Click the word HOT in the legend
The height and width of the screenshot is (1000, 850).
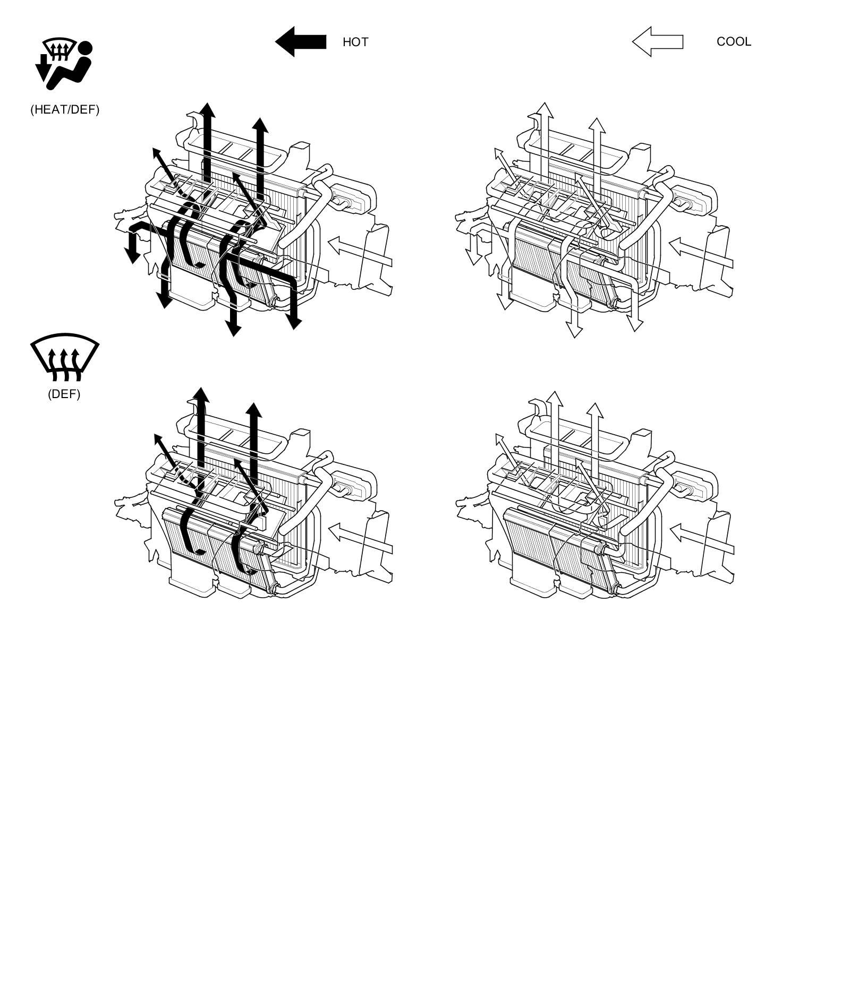pos(355,42)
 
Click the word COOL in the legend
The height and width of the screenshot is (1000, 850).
pos(734,42)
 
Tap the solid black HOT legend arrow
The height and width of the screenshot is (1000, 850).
pos(301,42)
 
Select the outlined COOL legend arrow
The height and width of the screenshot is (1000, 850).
pos(658,42)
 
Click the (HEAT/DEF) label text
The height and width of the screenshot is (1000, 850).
pos(65,110)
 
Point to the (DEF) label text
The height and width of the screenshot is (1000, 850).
pos(64,394)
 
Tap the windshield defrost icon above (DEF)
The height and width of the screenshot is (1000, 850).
pos(65,357)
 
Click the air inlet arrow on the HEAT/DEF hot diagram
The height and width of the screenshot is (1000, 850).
pos(360,252)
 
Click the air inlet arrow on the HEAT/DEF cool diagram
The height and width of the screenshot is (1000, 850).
pos(701,253)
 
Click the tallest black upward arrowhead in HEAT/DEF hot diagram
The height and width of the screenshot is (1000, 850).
pos(207,110)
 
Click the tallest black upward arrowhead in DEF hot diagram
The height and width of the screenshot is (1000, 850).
pos(200,395)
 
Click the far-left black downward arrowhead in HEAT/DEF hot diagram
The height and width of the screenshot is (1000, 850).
pos(132,256)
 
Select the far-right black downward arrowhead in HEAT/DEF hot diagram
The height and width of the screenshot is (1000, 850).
pos(294,322)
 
